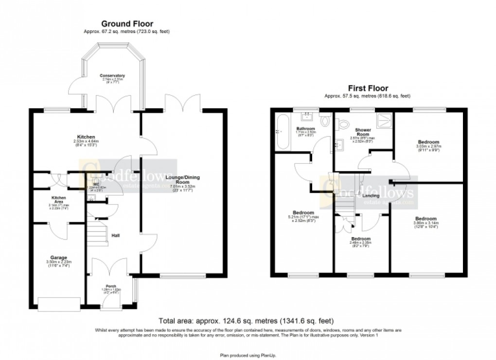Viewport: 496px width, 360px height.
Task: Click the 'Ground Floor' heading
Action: [126, 23]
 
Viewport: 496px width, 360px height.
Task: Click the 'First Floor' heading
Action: [368, 88]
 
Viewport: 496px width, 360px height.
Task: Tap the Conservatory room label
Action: [112, 76]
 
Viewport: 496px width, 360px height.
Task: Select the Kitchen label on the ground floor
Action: [85, 137]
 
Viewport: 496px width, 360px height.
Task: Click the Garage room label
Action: [58, 257]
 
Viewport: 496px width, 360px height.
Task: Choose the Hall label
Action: [116, 236]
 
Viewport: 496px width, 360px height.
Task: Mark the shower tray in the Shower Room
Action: [384, 118]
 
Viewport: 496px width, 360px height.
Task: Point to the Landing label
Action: [371, 195]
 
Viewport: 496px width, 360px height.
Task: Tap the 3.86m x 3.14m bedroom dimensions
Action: [426, 224]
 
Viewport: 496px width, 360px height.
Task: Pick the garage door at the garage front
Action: [59, 304]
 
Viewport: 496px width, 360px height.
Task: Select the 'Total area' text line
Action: [247, 321]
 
